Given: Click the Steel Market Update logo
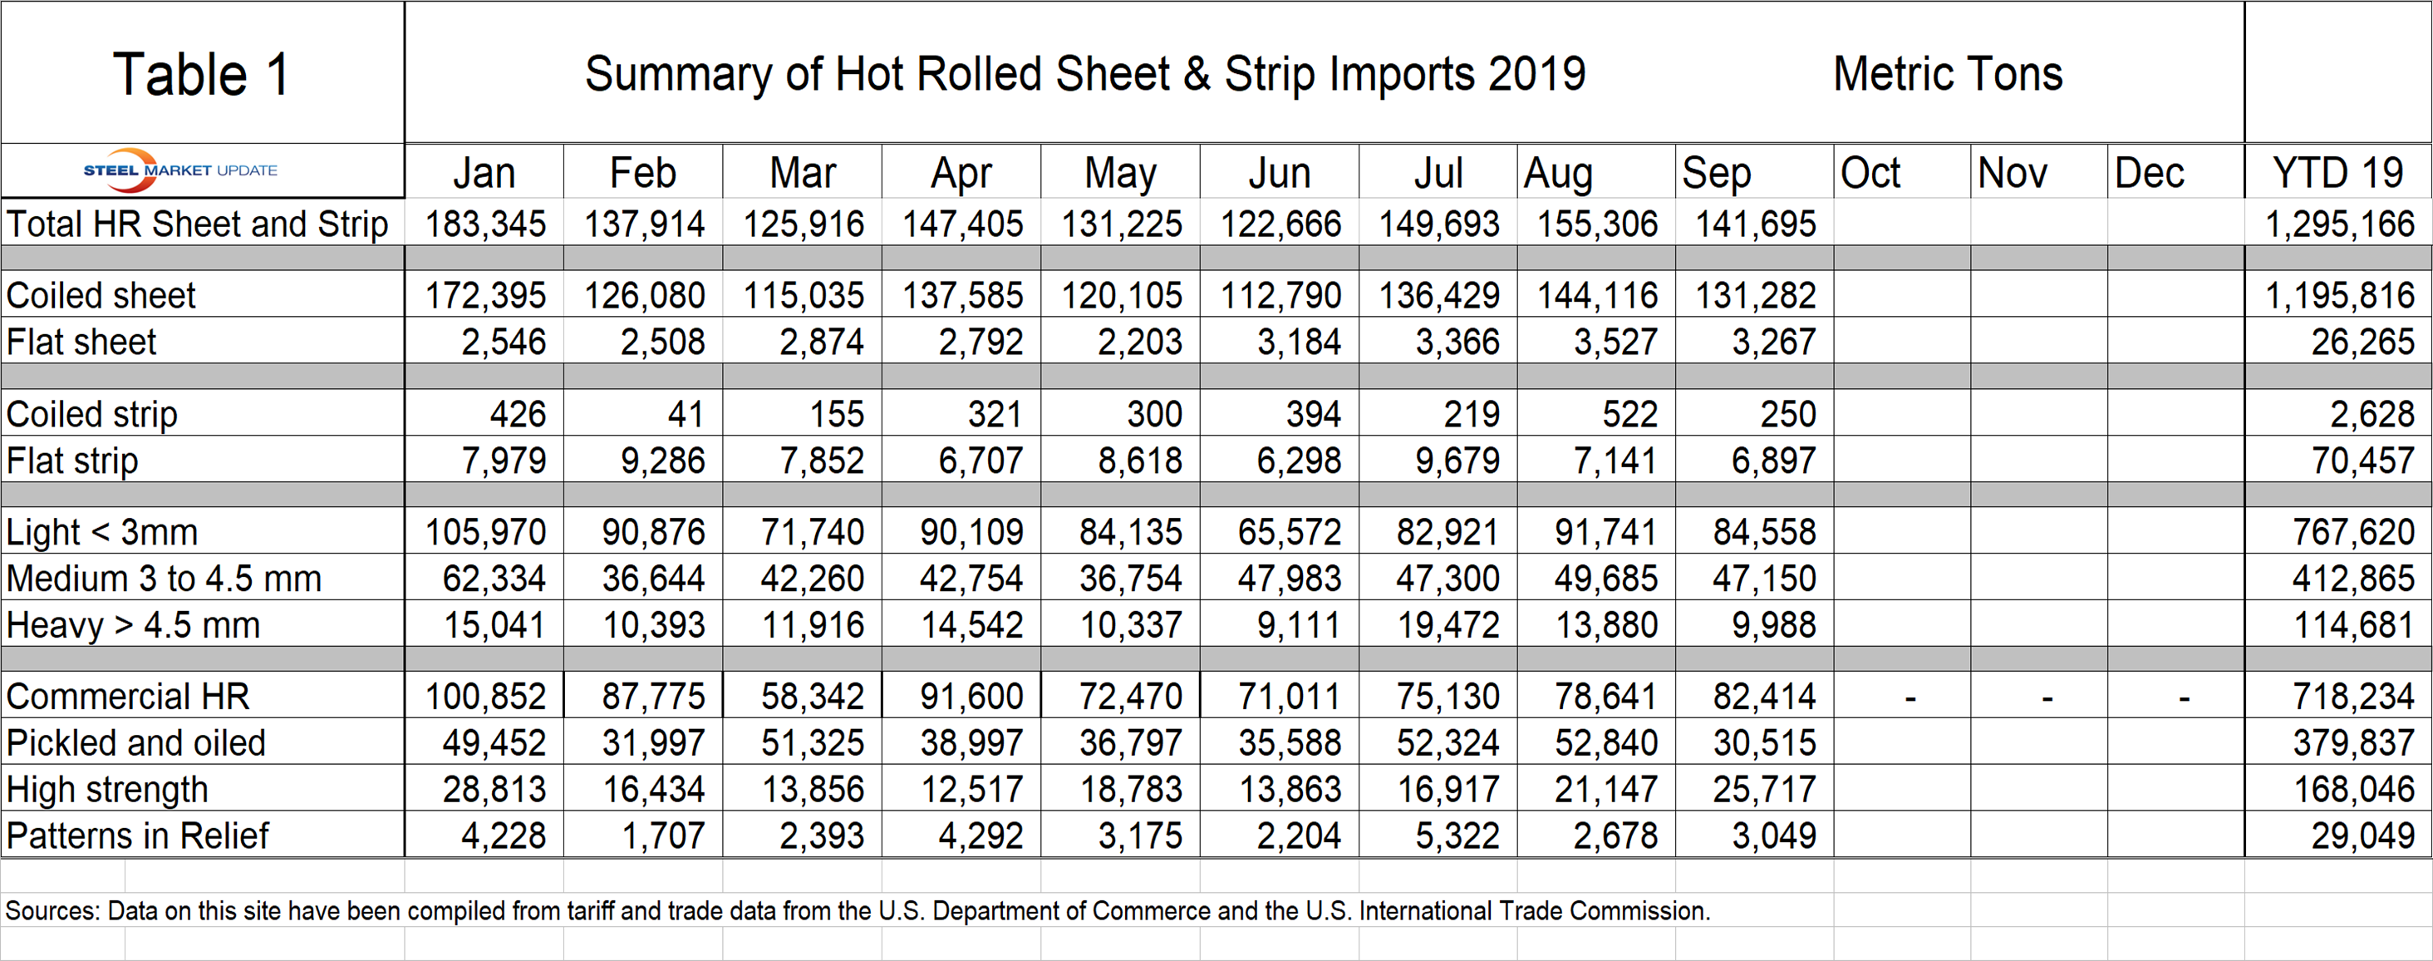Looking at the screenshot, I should (179, 170).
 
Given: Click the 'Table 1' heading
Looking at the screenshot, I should (201, 75).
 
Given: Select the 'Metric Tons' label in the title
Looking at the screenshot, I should (1948, 74).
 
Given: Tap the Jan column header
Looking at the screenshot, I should (484, 173).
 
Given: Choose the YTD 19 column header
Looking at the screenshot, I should (2337, 173).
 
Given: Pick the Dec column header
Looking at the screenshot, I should (2149, 173).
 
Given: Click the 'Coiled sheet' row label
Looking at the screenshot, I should (101, 296).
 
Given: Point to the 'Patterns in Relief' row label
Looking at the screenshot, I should (137, 835).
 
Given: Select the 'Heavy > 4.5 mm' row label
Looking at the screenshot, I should (132, 624).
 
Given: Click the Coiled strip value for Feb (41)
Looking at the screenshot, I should (685, 414).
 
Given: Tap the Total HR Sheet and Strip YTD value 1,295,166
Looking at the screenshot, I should (2339, 224).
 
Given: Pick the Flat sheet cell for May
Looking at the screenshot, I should (1139, 342).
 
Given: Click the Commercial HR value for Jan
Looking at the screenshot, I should (485, 697).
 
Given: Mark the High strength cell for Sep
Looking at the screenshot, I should (1764, 789).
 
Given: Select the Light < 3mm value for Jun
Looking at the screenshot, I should (1290, 532).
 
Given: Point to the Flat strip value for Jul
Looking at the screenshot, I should (1457, 461).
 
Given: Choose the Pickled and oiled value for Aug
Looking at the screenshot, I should (1605, 742).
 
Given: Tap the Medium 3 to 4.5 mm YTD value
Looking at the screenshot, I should (2352, 579).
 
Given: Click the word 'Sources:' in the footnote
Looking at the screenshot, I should (52, 911).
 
